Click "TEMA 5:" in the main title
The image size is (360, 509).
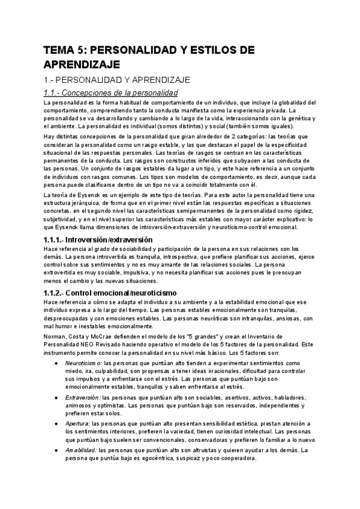(65, 51)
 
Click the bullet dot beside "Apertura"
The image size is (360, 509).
(55, 424)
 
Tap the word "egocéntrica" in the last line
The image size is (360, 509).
(142, 458)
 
